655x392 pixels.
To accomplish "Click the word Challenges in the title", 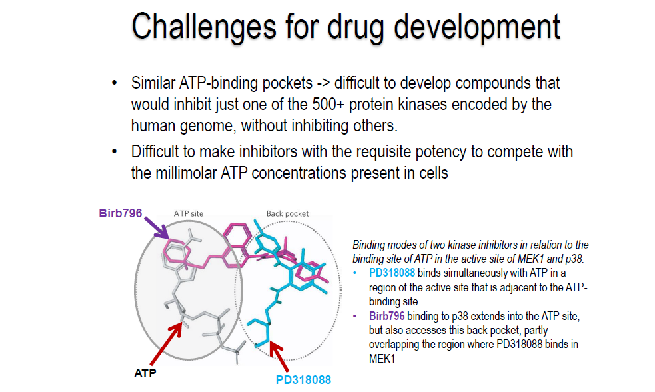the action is [x=204, y=27].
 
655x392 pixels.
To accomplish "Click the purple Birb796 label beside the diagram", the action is [x=121, y=213].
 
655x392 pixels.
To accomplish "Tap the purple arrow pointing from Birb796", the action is [x=156, y=228].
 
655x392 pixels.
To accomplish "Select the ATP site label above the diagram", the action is [x=189, y=213].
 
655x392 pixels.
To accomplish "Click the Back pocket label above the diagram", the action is [x=287, y=213].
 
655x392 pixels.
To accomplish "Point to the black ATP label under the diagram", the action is [x=145, y=373].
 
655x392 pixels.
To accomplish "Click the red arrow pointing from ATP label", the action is [x=166, y=343].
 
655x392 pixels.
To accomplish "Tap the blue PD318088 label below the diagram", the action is [x=303, y=380].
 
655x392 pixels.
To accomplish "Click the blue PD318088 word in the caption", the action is [x=392, y=273].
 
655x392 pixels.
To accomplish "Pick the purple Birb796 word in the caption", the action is [x=387, y=316].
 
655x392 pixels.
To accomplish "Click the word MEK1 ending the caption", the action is [x=382, y=359].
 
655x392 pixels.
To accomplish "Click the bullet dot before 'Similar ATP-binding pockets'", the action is [x=114, y=83].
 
